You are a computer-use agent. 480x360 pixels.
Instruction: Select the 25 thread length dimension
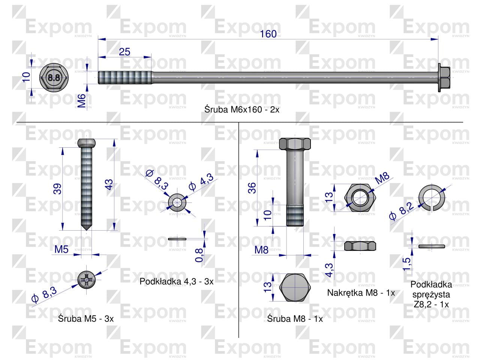[124, 52]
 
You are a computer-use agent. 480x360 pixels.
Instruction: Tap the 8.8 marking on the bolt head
[54, 78]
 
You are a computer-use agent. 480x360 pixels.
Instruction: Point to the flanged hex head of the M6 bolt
[444, 78]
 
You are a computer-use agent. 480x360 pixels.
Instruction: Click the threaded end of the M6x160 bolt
[125, 78]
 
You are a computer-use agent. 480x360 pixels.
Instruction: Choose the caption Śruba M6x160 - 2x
[242, 109]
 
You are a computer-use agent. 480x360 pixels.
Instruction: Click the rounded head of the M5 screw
[87, 143]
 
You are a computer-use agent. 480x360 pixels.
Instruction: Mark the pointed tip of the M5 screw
[87, 230]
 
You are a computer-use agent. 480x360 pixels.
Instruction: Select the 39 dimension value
[57, 189]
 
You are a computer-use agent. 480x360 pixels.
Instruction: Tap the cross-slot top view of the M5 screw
[87, 280]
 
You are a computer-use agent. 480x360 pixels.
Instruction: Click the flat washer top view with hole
[177, 202]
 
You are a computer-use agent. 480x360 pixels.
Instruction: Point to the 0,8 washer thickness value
[199, 255]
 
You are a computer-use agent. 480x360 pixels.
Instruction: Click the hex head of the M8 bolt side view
[295, 144]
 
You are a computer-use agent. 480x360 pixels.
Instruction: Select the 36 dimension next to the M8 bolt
[252, 188]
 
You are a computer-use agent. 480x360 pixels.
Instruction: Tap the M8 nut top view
[360, 198]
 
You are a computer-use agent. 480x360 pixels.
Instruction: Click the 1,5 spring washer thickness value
[406, 264]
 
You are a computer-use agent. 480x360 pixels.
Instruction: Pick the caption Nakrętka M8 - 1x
[361, 293]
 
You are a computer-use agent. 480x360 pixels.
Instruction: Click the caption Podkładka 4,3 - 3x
[177, 282]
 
